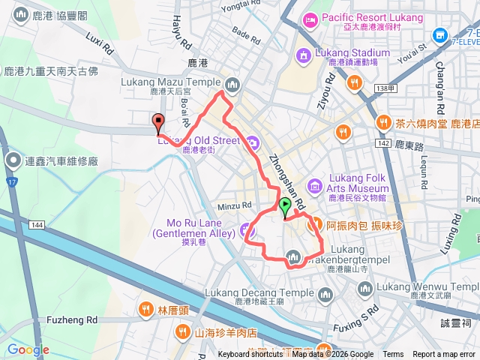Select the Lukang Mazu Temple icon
232,83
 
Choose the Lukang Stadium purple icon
304,54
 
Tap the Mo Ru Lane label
195,228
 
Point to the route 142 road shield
384,142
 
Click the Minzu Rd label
235,205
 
